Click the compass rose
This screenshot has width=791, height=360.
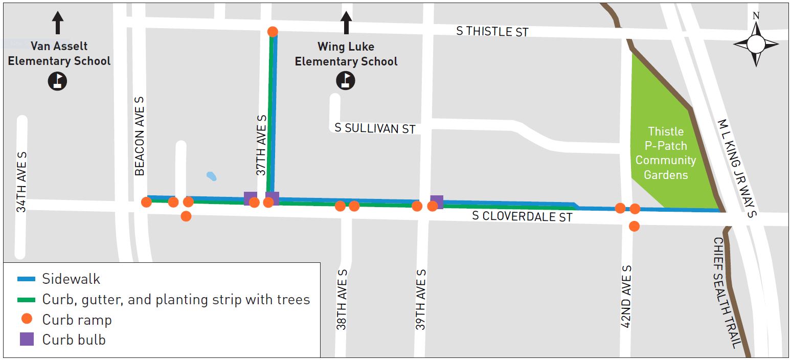coord(756,43)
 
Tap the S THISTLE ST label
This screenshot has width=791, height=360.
coord(492,31)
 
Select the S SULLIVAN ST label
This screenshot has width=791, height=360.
coord(375,128)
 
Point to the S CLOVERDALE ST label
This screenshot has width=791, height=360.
coord(522,216)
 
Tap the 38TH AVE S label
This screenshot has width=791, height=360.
coord(342,299)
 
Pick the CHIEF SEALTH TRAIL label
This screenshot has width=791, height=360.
coord(726,293)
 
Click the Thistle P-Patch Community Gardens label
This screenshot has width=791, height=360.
coord(665,153)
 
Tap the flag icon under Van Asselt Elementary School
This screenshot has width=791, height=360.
coord(58,81)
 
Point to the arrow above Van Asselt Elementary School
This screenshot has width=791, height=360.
coord(58,23)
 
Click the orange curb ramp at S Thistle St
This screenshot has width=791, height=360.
coord(273,32)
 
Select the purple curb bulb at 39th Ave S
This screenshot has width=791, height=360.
coord(437,201)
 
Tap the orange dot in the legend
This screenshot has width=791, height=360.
coord(27,319)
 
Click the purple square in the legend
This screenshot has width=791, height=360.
coord(27,339)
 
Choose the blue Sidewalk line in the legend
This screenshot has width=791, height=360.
coord(26,279)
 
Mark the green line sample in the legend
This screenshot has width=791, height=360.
coord(26,300)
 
